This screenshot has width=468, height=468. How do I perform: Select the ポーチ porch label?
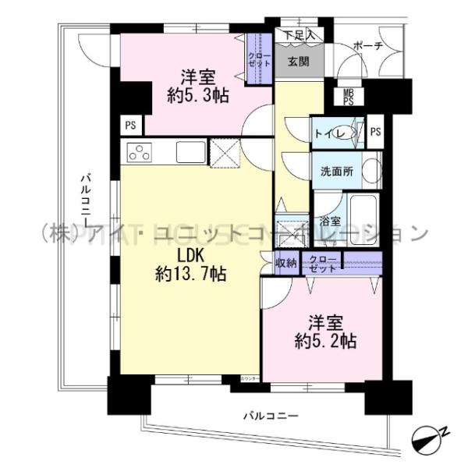coord(367,46)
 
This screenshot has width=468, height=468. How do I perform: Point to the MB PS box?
coord(349,97)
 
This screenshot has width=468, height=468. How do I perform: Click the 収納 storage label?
coord(285,263)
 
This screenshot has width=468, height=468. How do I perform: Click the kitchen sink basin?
coord(190,152)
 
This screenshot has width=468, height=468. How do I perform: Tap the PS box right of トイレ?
coord(376,132)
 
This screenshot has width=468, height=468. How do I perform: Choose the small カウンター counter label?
coord(249,378)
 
